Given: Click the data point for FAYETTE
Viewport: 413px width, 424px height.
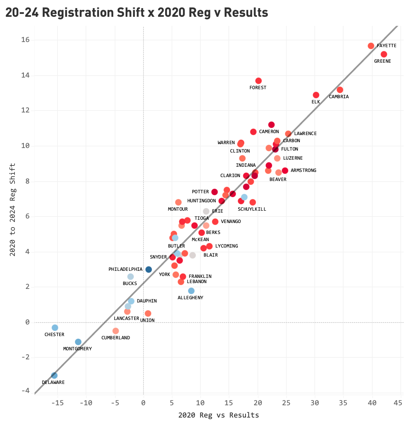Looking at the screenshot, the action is click(x=371, y=46).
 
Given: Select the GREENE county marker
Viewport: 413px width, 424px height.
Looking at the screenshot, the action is click(x=384, y=54).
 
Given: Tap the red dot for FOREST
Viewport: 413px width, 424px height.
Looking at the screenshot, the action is click(x=258, y=81).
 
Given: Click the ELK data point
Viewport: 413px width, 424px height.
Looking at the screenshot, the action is click(x=316, y=95).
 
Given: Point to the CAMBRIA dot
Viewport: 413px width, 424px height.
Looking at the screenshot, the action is click(x=340, y=90).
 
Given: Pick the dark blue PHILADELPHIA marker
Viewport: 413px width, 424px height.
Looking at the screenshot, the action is click(x=148, y=270).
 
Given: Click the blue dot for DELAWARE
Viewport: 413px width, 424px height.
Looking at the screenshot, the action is click(x=54, y=376).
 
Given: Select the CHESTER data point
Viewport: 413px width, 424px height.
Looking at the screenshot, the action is click(x=55, y=328).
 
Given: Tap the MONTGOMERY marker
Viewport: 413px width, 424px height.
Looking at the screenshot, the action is click(x=78, y=342).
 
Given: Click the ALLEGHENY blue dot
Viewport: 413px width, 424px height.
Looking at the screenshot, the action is click(x=191, y=291).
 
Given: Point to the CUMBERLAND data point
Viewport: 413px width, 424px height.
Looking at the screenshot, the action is click(x=115, y=331).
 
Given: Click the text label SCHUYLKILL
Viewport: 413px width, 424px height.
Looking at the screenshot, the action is click(x=252, y=209).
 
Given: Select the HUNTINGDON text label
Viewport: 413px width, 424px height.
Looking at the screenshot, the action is click(x=201, y=201).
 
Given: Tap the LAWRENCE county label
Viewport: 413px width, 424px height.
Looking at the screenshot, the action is click(x=305, y=133).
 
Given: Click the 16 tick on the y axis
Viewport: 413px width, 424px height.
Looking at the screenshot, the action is click(x=26, y=40).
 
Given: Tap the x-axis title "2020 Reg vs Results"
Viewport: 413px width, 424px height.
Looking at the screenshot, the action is click(x=218, y=415).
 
